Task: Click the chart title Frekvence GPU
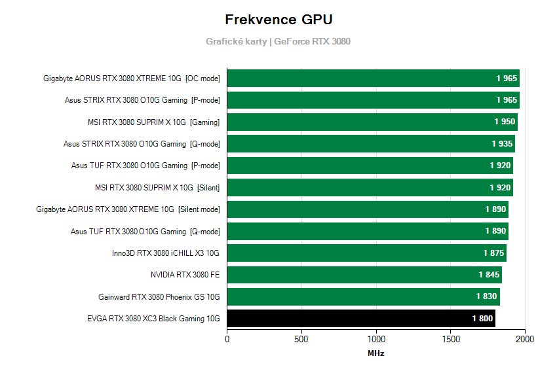click(278, 19)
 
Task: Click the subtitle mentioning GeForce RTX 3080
click(278, 41)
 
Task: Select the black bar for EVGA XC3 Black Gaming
click(361, 319)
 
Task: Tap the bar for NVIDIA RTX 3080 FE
click(364, 275)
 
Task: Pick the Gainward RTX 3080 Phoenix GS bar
click(363, 297)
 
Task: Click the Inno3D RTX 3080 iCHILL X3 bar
click(366, 253)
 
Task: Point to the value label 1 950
click(505, 122)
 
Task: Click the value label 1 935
click(502, 143)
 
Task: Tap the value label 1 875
click(493, 253)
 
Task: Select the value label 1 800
click(482, 319)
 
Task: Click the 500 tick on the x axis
click(301, 339)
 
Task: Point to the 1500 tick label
click(451, 339)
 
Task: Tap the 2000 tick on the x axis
click(525, 339)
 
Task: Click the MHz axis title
click(376, 353)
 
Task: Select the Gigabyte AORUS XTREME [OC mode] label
click(132, 79)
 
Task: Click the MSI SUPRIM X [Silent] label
click(157, 188)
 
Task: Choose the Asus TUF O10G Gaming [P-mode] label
click(145, 166)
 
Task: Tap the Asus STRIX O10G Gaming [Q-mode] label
click(142, 144)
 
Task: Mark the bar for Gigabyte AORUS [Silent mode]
click(368, 209)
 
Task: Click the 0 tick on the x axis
click(227, 339)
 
